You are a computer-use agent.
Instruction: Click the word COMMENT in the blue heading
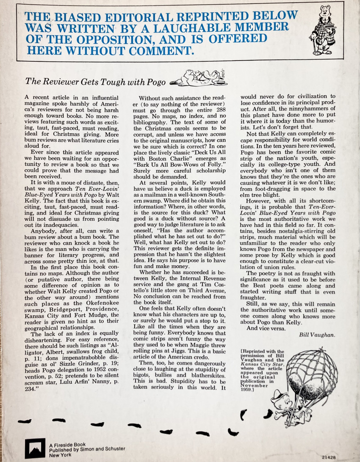[158, 51]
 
